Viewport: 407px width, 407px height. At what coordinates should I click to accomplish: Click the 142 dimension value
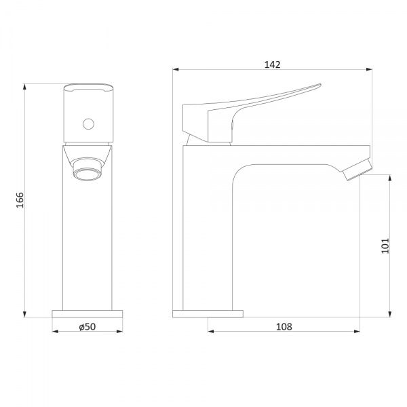click(x=272, y=64)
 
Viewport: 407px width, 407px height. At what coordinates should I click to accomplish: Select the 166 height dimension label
click(x=20, y=200)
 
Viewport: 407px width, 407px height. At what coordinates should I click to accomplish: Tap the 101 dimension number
click(x=385, y=246)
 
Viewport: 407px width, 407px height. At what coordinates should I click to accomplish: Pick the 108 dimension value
click(x=284, y=326)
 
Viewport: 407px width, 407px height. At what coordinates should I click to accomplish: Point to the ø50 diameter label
click(x=88, y=326)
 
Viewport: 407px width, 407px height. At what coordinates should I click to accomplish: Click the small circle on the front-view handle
click(x=88, y=124)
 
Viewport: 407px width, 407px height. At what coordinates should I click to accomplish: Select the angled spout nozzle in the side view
click(x=357, y=170)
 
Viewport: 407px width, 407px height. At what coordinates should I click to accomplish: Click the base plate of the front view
click(x=88, y=313)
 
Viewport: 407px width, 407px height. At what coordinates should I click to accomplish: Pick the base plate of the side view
click(x=208, y=313)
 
